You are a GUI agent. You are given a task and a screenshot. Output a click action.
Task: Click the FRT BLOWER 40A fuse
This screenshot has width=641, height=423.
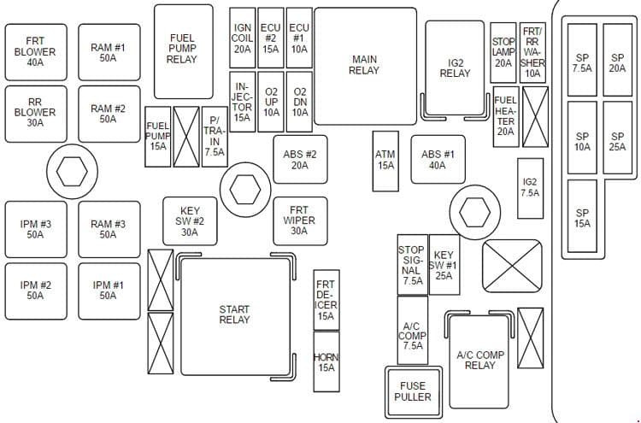coord(36,52)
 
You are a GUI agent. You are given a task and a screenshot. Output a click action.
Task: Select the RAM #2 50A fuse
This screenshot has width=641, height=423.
coord(109,114)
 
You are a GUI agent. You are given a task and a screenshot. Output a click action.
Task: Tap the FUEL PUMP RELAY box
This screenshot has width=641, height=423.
coord(184,51)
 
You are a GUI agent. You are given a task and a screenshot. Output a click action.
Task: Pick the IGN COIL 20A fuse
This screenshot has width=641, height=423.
coord(243,38)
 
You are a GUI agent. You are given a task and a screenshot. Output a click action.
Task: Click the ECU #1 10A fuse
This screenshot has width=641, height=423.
coord(299,38)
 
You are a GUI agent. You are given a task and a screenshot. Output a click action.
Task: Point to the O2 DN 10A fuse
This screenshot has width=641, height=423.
coord(299,102)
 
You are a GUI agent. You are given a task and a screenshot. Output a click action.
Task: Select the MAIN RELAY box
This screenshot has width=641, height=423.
coord(366,66)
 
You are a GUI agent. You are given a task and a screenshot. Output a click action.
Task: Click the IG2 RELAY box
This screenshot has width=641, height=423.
coord(455,68)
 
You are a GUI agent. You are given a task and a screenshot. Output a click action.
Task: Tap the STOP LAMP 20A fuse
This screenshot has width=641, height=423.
coord(503,53)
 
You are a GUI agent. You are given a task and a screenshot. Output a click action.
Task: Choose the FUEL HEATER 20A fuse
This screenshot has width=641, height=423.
coord(506,116)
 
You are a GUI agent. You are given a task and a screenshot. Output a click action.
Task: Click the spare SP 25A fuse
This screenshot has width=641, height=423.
coord(618,138)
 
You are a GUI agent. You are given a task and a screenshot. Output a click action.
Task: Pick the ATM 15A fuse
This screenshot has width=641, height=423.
coord(385,161)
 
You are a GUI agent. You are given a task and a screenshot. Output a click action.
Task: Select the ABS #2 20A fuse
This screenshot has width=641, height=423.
coord(301,160)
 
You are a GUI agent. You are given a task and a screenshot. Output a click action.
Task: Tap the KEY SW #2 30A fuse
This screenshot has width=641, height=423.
coord(190,221)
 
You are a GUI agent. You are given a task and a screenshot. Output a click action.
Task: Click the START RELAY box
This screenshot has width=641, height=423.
coord(236,316)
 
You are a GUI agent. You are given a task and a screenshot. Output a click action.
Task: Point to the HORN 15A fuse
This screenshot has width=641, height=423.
coord(326,361)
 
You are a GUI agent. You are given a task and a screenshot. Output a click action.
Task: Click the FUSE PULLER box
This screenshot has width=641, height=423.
coord(414,392)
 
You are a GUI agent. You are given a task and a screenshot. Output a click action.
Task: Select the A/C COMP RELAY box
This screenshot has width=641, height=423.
coord(479,361)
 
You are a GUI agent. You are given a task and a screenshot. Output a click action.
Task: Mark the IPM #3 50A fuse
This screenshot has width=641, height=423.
coord(36,229)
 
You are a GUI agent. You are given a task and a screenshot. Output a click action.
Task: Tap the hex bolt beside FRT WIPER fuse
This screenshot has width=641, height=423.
coord(245,190)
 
